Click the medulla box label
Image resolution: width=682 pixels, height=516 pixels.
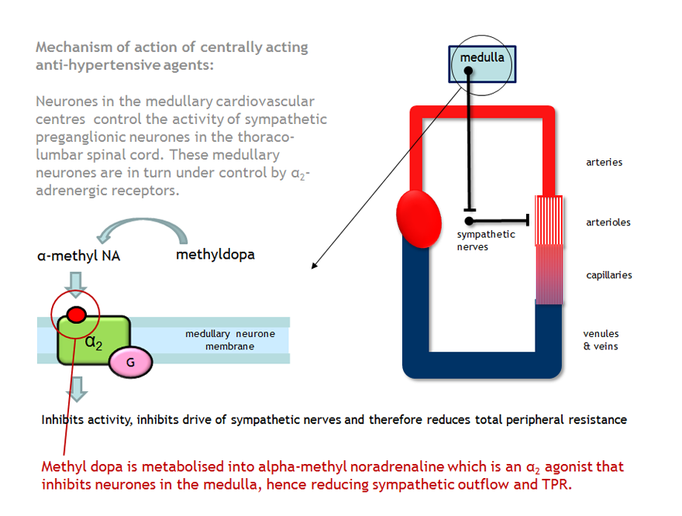482,57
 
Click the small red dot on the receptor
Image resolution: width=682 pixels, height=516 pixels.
76,314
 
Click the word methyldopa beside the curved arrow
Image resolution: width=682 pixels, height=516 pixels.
215,254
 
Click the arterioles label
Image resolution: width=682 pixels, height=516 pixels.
608,222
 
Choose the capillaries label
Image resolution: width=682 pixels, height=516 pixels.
608,275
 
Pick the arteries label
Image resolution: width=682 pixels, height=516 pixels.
604,163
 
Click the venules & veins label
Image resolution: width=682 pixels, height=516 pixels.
601,340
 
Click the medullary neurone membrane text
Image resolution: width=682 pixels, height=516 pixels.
229,340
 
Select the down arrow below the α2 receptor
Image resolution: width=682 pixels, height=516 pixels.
77,388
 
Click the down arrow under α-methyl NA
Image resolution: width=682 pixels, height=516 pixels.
77,288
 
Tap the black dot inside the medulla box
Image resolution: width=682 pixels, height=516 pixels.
468,72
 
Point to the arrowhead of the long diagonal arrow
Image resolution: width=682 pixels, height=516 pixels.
314,267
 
